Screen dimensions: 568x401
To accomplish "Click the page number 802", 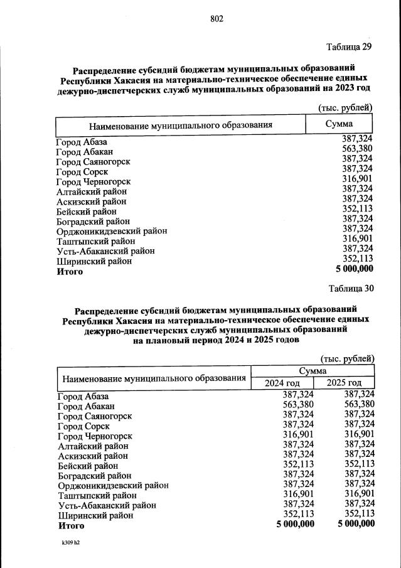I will [217, 18].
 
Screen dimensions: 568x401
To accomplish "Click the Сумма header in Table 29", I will [339, 124].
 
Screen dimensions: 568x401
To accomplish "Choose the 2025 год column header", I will [345, 383].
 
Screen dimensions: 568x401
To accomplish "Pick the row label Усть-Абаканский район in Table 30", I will [107, 505].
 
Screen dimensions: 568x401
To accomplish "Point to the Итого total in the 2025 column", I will [355, 524].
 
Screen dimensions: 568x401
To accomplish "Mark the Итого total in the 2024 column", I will [295, 524].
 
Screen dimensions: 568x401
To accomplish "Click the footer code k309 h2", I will [71, 542].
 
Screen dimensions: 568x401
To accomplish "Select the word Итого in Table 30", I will [72, 525].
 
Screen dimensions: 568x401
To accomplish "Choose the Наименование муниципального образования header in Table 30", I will [153, 378].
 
